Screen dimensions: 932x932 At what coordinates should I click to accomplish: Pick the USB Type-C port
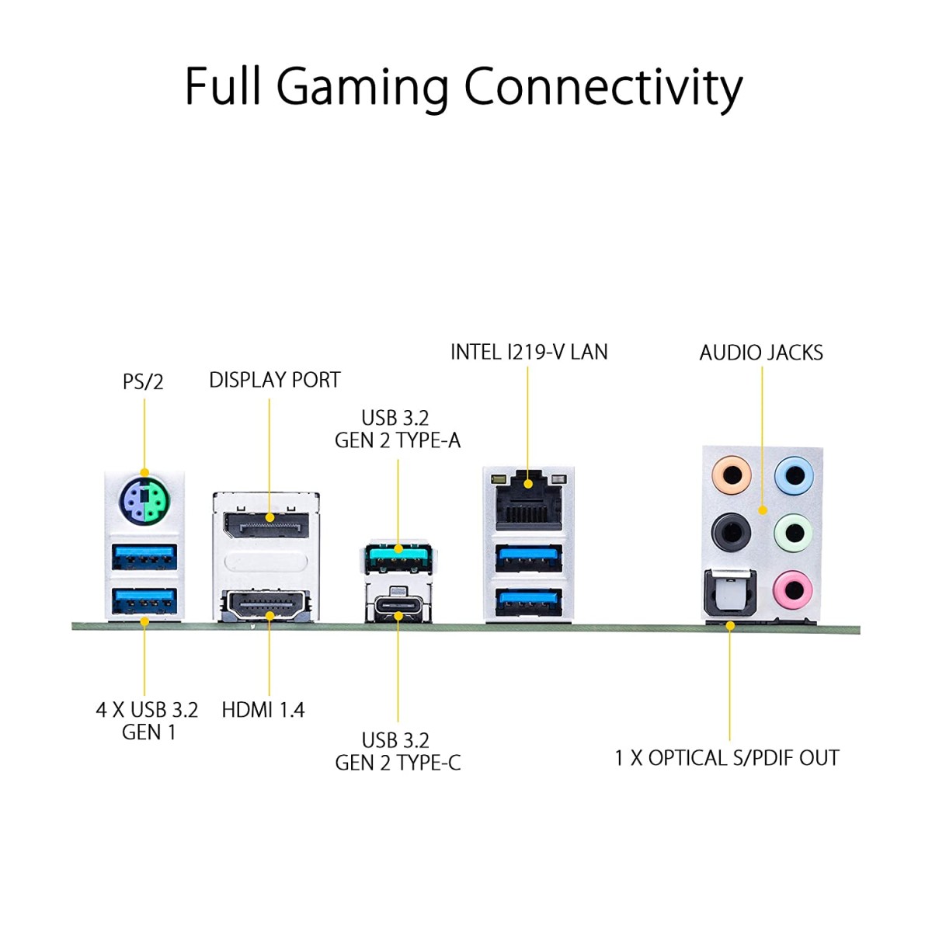(x=398, y=606)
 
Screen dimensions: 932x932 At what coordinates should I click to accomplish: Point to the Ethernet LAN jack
(x=528, y=501)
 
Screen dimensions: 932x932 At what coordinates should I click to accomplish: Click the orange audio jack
(x=731, y=474)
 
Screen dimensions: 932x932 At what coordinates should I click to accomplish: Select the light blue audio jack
(x=794, y=474)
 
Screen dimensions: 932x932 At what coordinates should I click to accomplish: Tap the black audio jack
(x=731, y=532)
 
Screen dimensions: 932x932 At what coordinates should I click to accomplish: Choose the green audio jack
(x=794, y=532)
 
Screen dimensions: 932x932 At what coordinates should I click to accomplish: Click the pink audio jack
(x=794, y=589)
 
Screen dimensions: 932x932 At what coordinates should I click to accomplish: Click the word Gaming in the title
(x=363, y=87)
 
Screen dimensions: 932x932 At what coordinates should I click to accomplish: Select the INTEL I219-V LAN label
(x=529, y=352)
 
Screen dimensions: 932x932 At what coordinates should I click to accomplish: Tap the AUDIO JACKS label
(x=761, y=353)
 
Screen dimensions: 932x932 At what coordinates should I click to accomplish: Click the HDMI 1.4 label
(x=263, y=710)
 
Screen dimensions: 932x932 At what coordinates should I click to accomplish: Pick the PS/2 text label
(x=144, y=381)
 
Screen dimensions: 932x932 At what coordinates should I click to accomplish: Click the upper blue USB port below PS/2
(x=144, y=557)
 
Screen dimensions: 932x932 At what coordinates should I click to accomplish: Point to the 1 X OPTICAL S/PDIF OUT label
(x=727, y=758)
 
